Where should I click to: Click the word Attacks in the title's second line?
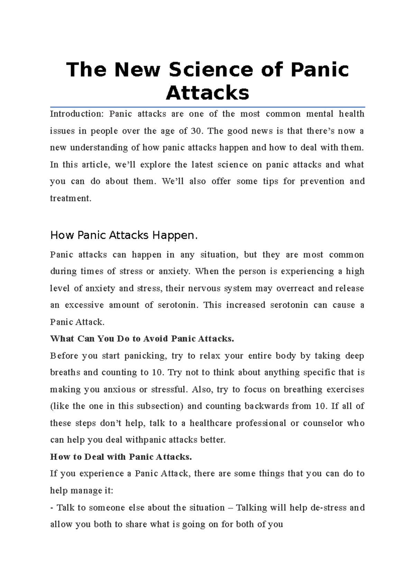[207, 93]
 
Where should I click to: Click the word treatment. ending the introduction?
[71, 198]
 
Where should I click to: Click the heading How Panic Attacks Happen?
[124, 235]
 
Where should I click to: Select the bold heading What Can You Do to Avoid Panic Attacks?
[142, 339]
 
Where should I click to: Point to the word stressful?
[169, 390]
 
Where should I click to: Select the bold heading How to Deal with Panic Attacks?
[121, 457]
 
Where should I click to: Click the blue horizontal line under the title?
[207, 107]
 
